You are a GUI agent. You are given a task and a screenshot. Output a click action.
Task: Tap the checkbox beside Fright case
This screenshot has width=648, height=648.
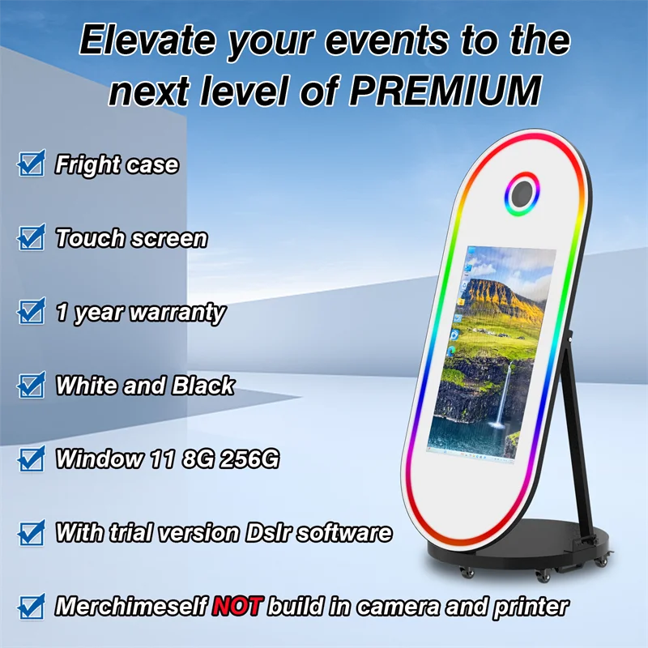32,164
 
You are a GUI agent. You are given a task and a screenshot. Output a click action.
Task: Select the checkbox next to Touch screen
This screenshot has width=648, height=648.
32,238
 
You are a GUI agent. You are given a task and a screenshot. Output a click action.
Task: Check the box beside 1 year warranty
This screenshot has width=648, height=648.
32,311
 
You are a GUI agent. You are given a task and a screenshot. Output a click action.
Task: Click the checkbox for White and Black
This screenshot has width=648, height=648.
32,385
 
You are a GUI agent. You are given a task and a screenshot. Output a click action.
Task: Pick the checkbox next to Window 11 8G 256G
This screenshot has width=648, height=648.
32,458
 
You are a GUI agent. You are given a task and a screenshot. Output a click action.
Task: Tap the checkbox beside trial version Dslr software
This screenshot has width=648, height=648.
32,532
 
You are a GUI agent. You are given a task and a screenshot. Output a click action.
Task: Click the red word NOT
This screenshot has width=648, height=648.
236,605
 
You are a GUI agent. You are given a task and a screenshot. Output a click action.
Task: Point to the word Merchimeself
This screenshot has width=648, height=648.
130,605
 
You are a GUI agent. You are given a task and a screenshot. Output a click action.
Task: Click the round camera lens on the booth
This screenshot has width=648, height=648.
522,193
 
